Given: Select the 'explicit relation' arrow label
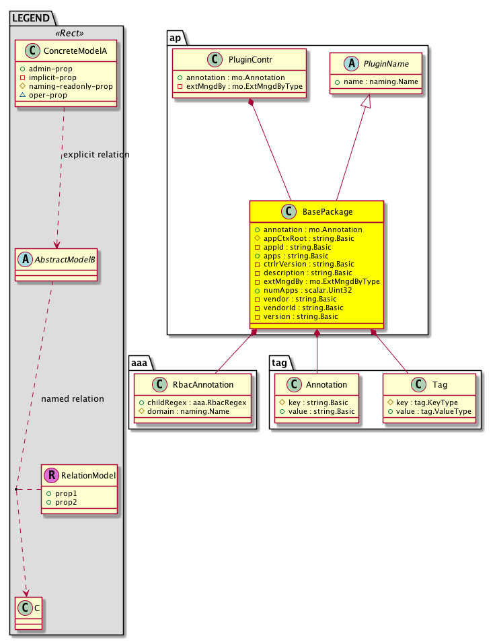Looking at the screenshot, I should (x=96, y=155).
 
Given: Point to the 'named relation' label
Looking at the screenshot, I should (x=73, y=399).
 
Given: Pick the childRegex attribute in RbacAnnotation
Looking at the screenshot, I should (x=192, y=402).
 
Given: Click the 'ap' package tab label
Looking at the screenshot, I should (x=174, y=37).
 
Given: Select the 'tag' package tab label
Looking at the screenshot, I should (x=279, y=362).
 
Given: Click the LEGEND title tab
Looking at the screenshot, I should (x=30, y=18).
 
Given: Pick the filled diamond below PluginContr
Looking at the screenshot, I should (x=251, y=103).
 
